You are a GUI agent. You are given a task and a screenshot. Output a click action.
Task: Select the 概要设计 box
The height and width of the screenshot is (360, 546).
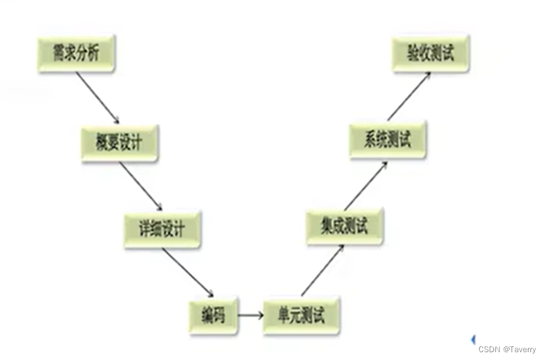(120, 143)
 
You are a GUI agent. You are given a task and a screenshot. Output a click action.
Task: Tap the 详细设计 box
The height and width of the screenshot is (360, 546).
(163, 229)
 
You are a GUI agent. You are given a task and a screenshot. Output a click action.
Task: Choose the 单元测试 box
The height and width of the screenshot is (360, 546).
(302, 315)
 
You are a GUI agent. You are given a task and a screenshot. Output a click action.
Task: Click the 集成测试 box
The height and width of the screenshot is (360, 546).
(345, 225)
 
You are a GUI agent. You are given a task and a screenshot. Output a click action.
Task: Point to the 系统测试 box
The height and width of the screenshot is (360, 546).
(388, 139)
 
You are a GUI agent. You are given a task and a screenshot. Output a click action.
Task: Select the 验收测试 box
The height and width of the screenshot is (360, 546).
(430, 54)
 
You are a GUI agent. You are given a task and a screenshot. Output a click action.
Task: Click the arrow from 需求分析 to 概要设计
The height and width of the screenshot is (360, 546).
(97, 97)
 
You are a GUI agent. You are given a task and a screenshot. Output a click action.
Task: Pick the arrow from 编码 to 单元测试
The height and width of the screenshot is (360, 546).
(250, 316)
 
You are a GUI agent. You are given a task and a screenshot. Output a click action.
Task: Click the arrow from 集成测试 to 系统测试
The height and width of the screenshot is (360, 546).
(366, 185)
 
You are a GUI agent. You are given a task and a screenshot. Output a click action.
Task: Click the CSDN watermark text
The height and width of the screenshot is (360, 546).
(490, 350)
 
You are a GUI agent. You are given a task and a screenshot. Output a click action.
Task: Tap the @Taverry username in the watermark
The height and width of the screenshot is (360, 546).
(520, 350)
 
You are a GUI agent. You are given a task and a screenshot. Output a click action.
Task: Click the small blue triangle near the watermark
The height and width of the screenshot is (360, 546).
(473, 339)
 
